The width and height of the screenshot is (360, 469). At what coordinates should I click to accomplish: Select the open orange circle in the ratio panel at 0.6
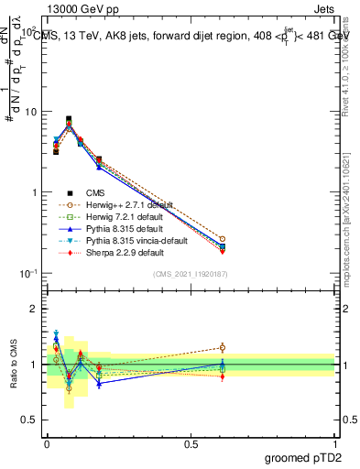(x=222, y=347)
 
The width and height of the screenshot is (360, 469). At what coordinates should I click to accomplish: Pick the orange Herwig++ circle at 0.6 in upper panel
(x=222, y=239)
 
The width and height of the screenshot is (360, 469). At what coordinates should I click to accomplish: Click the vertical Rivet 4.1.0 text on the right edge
(x=345, y=64)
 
